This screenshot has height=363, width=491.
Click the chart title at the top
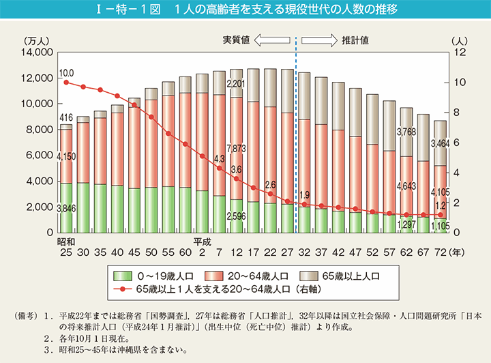(x=245, y=10)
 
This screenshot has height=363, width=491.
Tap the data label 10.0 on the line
(x=66, y=73)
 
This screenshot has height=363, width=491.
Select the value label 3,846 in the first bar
(x=65, y=209)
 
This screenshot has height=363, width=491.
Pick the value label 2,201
(x=235, y=84)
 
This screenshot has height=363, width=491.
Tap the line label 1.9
(x=303, y=194)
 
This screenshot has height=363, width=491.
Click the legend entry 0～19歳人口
(x=152, y=276)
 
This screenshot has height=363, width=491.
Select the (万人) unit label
(x=34, y=41)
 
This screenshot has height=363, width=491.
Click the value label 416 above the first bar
(x=66, y=118)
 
